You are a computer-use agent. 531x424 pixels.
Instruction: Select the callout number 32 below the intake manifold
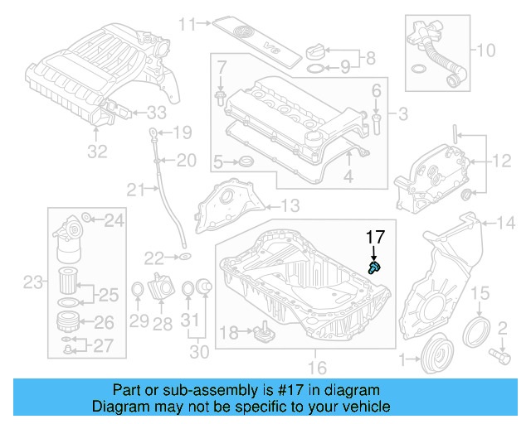point(98,152)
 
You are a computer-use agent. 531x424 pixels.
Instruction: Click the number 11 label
point(188,23)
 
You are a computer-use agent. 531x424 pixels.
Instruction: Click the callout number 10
point(490,50)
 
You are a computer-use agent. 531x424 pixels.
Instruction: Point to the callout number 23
point(32,283)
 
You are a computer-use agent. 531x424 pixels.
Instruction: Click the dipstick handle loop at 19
point(153,131)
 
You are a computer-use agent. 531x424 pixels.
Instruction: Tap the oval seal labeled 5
point(244,161)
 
